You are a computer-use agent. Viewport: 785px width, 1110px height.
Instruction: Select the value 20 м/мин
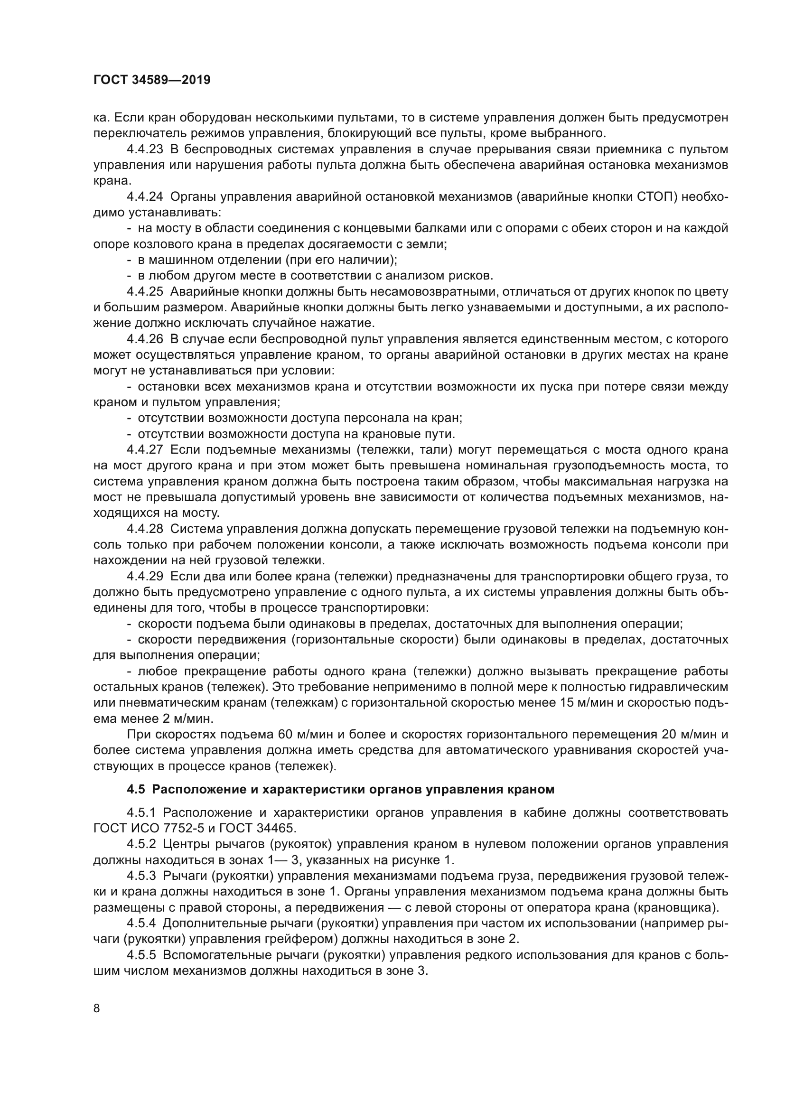(x=685, y=734)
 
